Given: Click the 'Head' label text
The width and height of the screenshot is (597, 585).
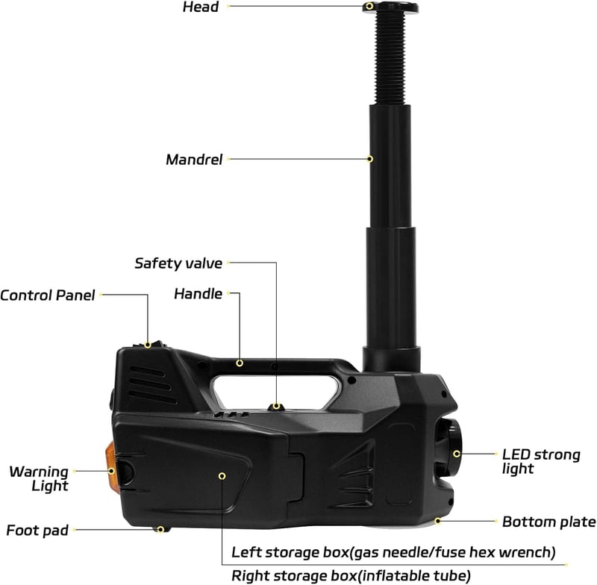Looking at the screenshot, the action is point(201,7).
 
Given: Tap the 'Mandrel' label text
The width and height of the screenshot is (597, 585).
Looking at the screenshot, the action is point(194,160).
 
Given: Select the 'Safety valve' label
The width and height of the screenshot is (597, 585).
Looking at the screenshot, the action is point(178,263).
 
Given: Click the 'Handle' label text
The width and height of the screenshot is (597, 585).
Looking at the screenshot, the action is point(198,294).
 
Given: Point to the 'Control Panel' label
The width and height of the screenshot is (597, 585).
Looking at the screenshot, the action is point(48,295).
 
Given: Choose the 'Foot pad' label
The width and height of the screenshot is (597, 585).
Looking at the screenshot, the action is point(37,531).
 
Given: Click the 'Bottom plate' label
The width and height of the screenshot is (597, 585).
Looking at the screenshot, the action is point(549,522).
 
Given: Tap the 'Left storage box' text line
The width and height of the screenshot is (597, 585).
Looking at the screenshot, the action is point(394,552).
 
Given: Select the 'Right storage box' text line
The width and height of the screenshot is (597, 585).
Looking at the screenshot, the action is point(351,576).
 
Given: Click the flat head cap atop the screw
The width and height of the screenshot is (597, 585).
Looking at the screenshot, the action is point(390,7).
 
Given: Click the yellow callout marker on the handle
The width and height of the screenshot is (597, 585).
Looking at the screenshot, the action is point(240,363).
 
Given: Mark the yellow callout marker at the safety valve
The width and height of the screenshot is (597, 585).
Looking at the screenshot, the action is point(276,407).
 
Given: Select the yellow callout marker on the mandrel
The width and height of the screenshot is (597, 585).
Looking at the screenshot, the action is point(369,159).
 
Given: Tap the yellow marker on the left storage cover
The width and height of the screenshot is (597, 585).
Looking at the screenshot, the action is point(222,476).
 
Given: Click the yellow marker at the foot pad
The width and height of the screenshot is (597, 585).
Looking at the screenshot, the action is point(161,530).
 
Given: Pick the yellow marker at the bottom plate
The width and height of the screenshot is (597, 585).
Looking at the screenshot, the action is point(438,521).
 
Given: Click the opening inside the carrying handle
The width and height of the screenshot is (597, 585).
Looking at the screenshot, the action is point(274,391).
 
